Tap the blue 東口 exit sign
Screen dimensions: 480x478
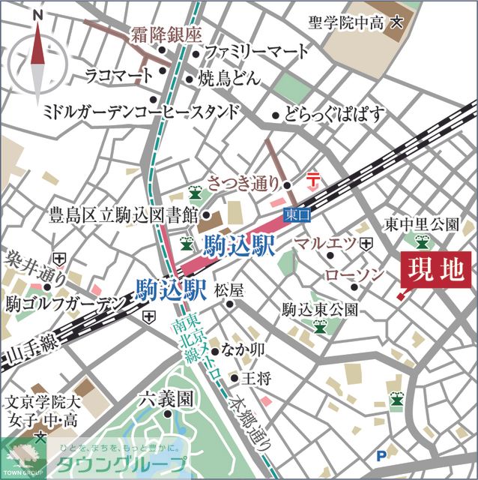point(297,215)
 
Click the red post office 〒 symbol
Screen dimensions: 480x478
point(314,181)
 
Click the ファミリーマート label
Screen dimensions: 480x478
point(256,52)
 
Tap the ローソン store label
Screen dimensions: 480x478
point(354,276)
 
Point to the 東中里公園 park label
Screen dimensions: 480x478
point(421,223)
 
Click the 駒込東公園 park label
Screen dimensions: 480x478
point(320,309)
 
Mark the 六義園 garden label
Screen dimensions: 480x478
point(166,399)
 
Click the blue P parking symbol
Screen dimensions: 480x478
point(383,454)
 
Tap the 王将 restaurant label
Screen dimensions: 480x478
point(255,379)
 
